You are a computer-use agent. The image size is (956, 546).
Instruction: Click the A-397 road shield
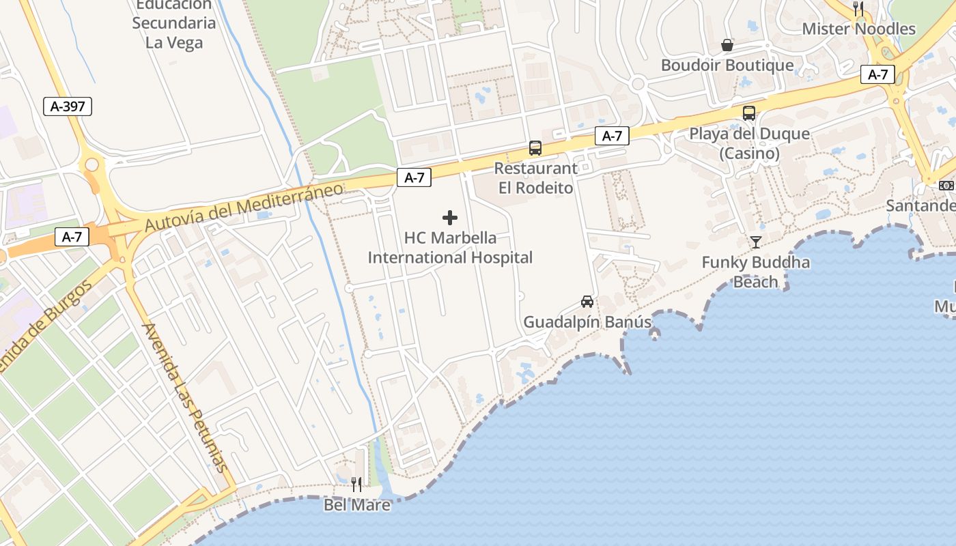pos(68,106)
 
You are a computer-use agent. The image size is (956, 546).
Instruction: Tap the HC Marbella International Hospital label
pos(450,248)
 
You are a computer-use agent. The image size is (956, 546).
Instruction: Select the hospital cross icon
pos(450,218)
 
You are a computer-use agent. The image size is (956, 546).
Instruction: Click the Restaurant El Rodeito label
pos(535,177)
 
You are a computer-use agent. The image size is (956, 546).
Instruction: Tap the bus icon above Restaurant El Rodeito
pos(535,148)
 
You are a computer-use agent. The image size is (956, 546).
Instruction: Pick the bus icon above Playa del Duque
pos(749,113)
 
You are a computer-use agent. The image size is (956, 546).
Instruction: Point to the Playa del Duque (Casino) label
pos(749,143)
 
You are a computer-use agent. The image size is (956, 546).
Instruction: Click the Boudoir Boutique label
pos(727,66)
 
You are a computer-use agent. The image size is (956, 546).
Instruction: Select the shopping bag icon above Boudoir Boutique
pos(727,45)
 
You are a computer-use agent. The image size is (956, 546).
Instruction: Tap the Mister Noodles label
pos(858,29)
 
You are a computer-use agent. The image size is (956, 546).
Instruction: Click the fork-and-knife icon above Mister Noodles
pos(858,8)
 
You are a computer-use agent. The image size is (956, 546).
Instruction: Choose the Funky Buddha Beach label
pos(755,272)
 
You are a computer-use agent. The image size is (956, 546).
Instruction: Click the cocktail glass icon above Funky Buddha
pos(755,242)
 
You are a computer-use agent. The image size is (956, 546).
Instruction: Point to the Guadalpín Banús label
pos(587,321)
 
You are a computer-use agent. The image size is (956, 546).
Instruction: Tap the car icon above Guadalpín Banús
pos(587,301)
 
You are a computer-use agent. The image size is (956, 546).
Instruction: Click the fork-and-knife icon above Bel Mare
pos(356,485)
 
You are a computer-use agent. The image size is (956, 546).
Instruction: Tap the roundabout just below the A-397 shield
pos(92,164)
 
